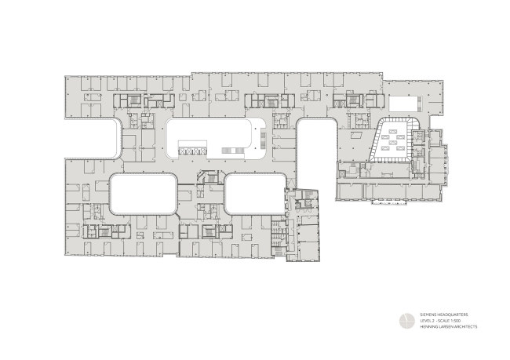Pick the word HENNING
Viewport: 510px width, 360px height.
(428, 327)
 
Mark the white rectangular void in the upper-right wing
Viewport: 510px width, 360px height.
(403, 104)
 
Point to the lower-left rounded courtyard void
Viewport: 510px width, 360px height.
(142, 194)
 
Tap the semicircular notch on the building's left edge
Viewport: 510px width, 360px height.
(118, 141)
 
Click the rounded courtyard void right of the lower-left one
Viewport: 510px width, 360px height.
(254, 194)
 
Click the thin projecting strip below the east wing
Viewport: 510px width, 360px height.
(384, 198)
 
